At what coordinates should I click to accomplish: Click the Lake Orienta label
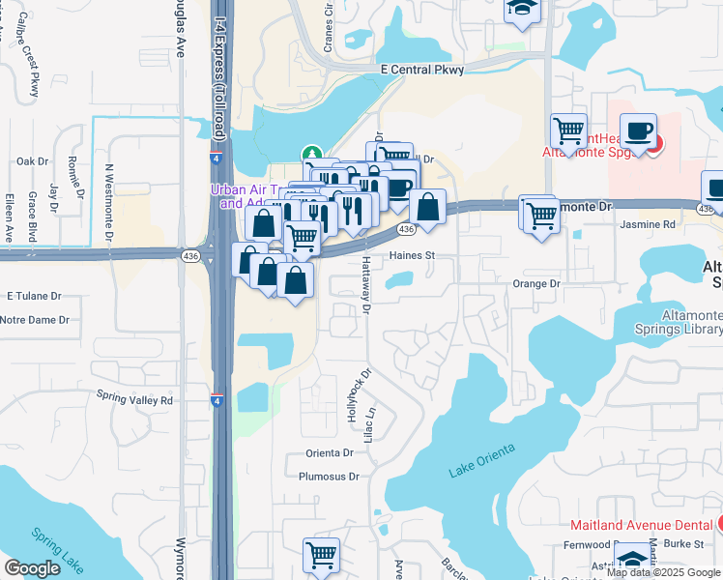click(483, 459)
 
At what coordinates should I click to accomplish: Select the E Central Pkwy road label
click(422, 70)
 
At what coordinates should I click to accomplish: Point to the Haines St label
click(414, 256)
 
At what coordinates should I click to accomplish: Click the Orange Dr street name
click(536, 284)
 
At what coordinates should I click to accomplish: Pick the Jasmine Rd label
click(649, 223)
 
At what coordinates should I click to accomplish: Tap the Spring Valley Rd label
click(134, 398)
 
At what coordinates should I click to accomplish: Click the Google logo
click(32, 568)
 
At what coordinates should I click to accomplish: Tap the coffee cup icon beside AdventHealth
click(637, 130)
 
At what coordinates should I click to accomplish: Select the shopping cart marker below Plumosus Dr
click(321, 555)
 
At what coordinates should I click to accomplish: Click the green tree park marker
click(312, 154)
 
